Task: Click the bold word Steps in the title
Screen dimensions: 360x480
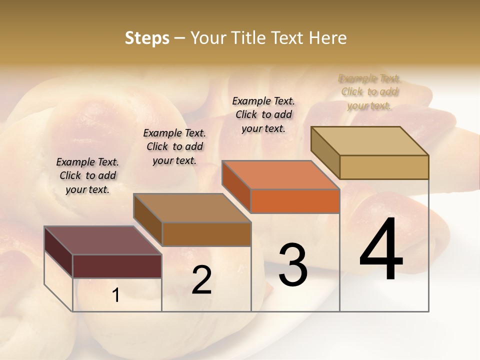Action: click(147, 38)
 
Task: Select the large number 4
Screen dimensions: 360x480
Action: click(381, 249)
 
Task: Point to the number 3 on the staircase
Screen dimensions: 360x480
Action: click(292, 264)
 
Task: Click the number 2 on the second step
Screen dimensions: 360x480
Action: click(201, 280)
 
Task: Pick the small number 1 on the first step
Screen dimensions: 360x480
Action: click(115, 295)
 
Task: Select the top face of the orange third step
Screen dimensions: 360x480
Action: click(280, 175)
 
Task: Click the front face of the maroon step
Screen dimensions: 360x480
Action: click(117, 266)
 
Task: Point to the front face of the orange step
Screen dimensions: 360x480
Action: click(295, 201)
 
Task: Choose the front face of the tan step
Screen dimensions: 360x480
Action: click(384, 167)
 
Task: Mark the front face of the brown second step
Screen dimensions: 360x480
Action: click(206, 234)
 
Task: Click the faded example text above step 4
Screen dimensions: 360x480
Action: click(369, 92)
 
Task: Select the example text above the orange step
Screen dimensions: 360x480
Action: click(263, 114)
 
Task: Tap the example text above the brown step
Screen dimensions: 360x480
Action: click(174, 146)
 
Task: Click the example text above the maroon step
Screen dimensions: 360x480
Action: click(87, 175)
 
